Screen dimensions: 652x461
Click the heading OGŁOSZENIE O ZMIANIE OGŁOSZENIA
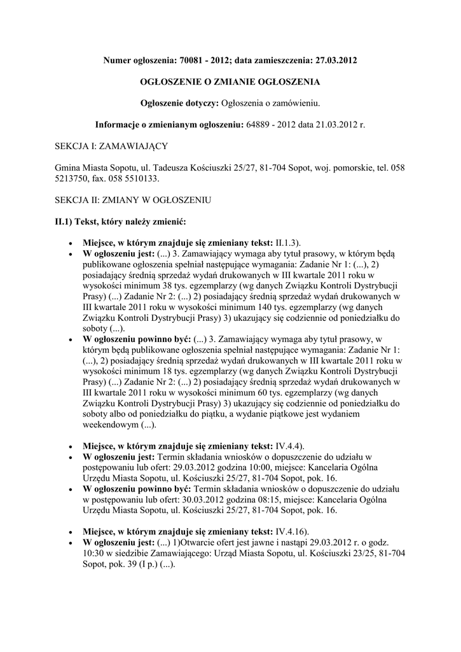(x=230, y=82)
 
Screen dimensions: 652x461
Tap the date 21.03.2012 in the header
(x=336, y=124)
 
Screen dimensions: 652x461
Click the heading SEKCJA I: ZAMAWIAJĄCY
(x=112, y=146)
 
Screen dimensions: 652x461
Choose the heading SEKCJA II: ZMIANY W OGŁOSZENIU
(x=133, y=200)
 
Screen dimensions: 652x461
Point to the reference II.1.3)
(x=287, y=243)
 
